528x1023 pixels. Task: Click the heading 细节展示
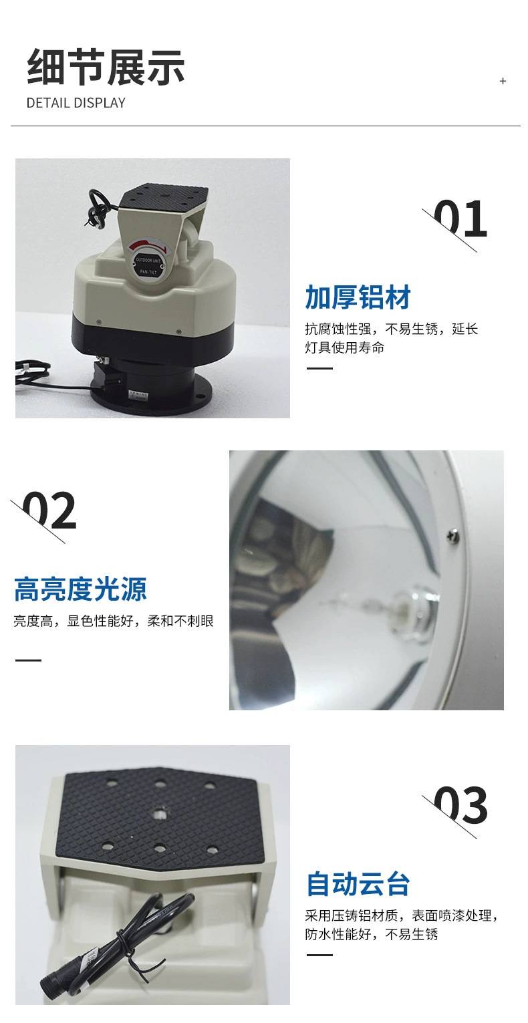106,67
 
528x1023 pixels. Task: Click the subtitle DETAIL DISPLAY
76,103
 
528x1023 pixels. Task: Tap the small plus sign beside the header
503,81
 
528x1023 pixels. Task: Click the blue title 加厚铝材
358,297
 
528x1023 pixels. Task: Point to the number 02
49,510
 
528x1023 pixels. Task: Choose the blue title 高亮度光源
80,589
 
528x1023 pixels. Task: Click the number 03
460,805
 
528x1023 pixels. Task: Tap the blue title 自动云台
358,884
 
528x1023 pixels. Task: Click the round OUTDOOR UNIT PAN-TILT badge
148,262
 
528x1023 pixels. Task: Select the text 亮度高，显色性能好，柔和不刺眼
114,621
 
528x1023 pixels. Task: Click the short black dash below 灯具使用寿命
319,368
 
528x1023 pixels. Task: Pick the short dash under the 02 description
28,660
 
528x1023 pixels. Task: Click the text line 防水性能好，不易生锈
372,934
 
